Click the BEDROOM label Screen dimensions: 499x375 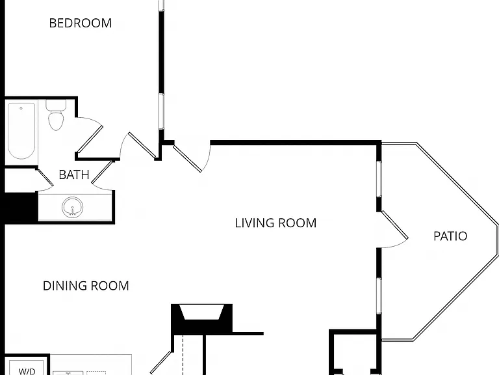(81, 23)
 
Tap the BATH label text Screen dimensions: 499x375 (74, 174)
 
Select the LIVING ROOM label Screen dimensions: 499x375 (275, 223)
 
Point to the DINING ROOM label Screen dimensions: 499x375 (86, 286)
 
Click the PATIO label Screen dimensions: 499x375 (450, 236)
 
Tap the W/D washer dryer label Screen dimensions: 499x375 (27, 371)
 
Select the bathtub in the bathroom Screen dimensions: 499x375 (21, 131)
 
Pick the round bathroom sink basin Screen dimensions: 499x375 (73, 207)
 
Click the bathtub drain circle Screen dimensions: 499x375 (21, 109)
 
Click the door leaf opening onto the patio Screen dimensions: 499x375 (394, 225)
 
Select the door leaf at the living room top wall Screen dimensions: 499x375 (187, 158)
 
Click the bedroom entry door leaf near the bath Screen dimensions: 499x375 (142, 145)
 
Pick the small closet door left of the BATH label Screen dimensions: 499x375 (45, 177)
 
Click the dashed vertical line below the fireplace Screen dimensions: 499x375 (183, 355)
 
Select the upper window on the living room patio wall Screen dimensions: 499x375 (379, 179)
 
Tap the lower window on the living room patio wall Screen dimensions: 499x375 (379, 296)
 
